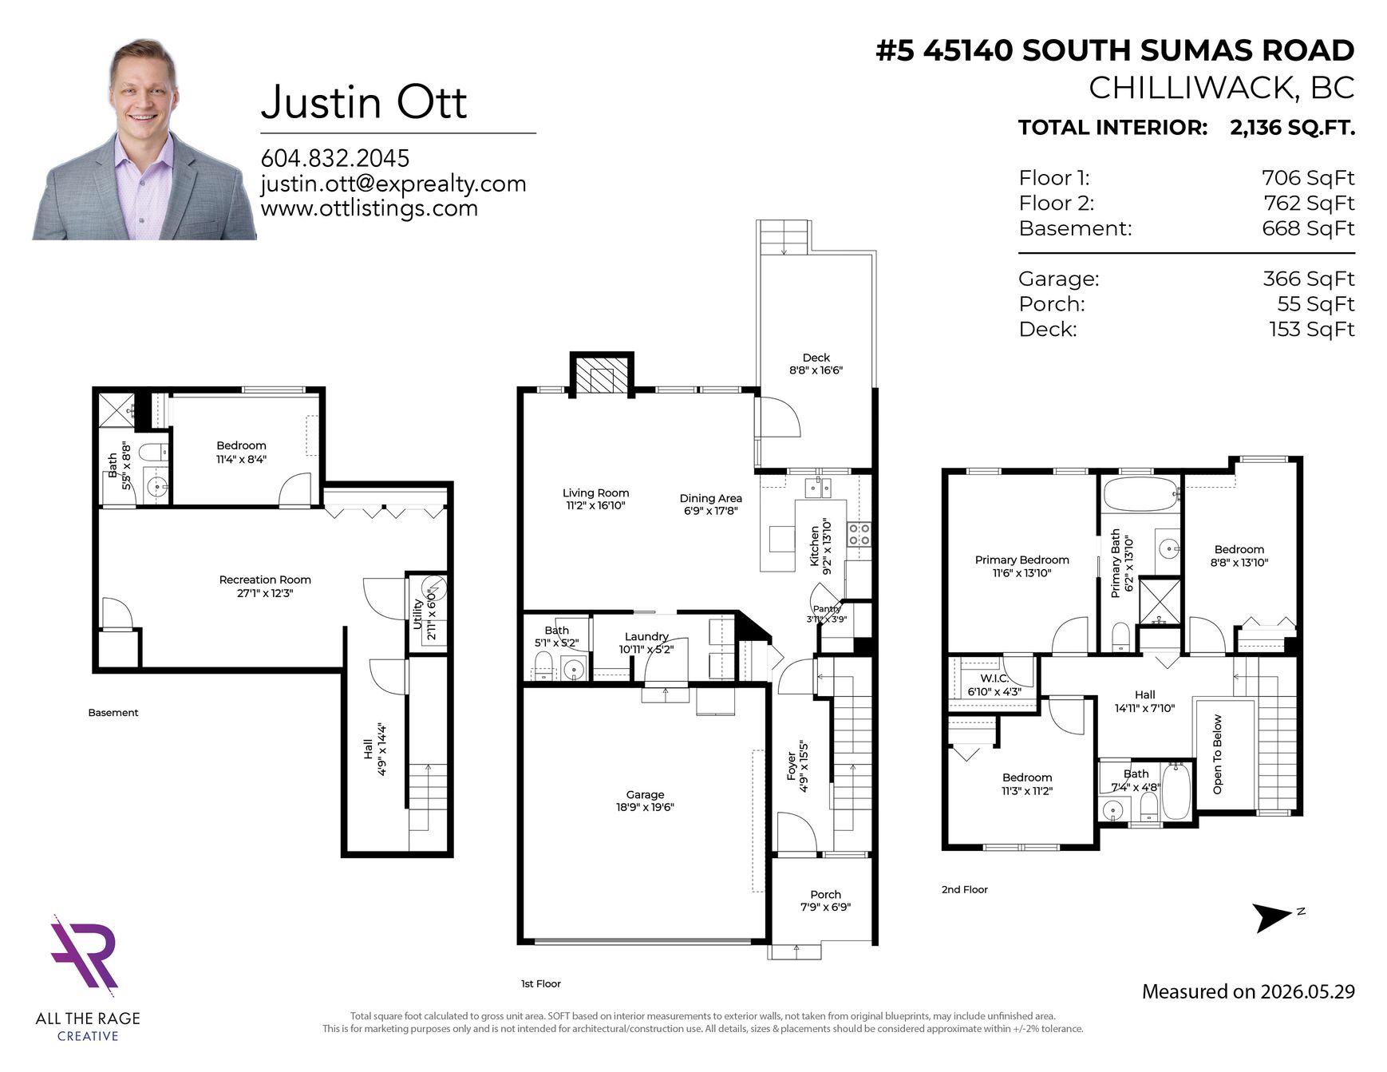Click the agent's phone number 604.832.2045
[x=335, y=158]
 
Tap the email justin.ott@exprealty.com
[x=393, y=184]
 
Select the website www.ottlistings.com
[x=369, y=208]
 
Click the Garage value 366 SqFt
[x=1308, y=279]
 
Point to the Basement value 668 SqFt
[x=1308, y=228]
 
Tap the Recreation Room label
[x=265, y=580]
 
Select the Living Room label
[x=595, y=492]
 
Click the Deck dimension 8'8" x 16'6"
[x=816, y=370]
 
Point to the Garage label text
[x=645, y=794]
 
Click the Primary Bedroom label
[x=1021, y=560]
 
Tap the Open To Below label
[x=1217, y=754]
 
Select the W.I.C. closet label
[x=994, y=678]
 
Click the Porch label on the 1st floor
[x=825, y=894]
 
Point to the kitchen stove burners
[x=859, y=534]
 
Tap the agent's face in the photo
[x=144, y=88]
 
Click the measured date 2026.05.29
[x=1307, y=991]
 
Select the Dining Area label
[x=710, y=498]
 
